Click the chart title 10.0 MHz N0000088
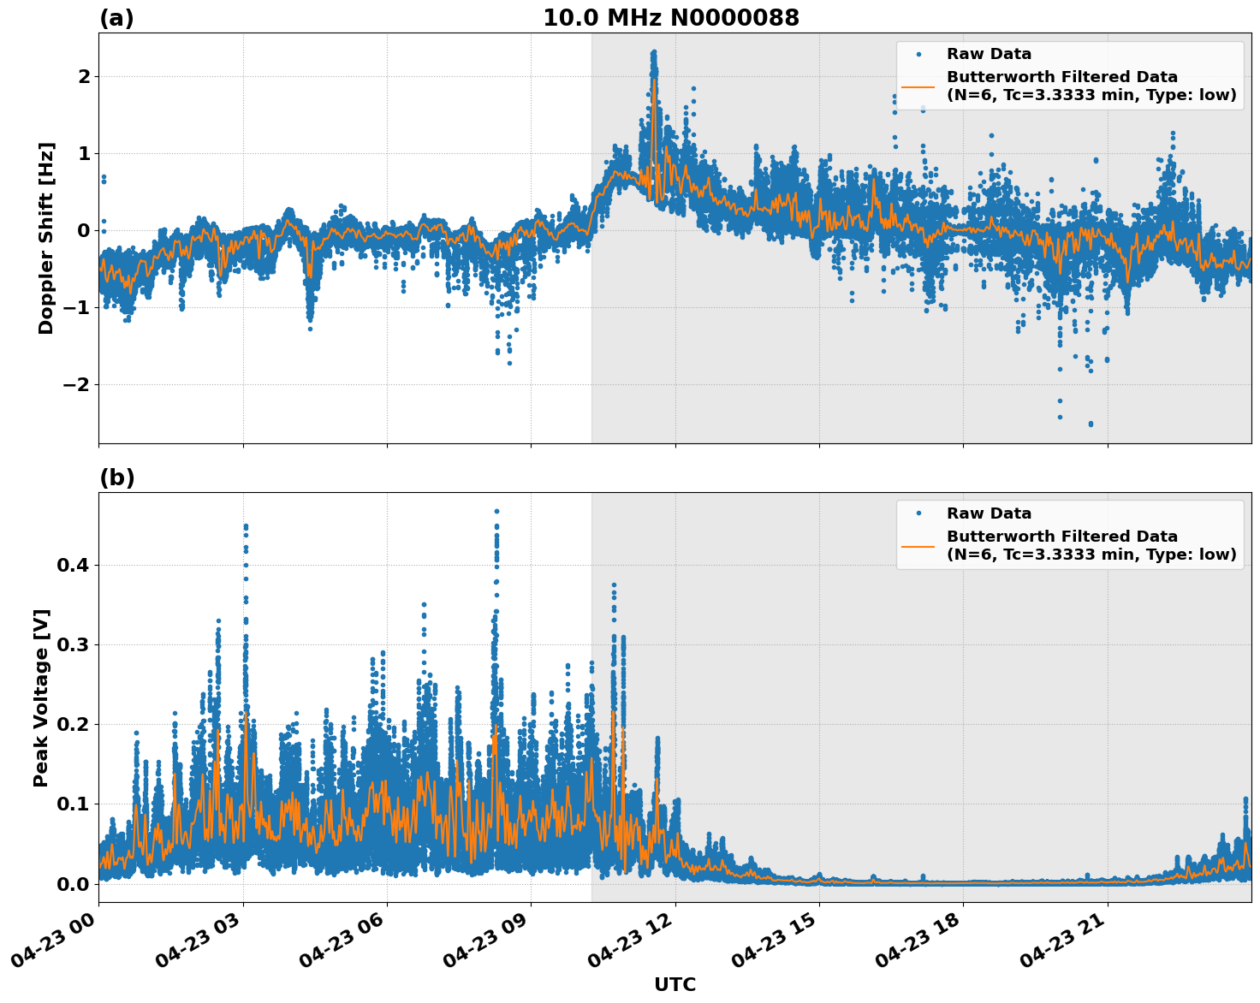tap(670, 18)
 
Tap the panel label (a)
tap(116, 18)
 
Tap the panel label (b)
tap(116, 478)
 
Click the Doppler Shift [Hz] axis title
tap(46, 238)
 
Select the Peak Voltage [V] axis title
tap(41, 697)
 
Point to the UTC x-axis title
tap(675, 984)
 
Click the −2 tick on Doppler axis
tap(75, 384)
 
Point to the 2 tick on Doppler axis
tap(84, 76)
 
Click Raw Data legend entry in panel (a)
tap(989, 54)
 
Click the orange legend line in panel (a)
tap(918, 86)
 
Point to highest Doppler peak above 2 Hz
tap(653, 53)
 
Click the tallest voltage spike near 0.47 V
tap(496, 512)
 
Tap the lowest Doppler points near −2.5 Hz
tap(1091, 424)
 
